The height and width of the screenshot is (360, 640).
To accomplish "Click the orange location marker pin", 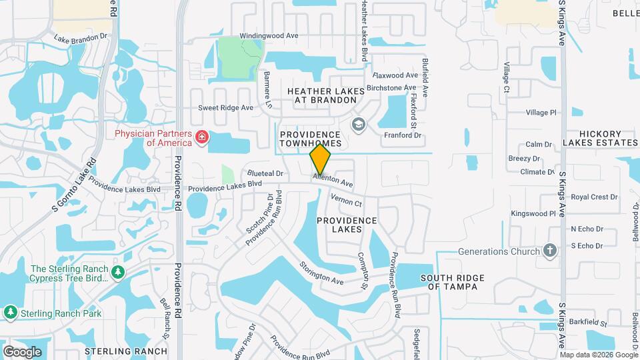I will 321,159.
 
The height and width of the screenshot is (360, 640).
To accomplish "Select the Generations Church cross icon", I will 549,251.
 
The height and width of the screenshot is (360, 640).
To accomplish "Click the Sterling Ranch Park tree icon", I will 11,313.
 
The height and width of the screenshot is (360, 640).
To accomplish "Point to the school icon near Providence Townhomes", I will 359,125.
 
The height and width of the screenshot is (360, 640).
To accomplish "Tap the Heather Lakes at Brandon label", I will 325,95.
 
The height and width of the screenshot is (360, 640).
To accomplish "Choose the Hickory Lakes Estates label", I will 599,138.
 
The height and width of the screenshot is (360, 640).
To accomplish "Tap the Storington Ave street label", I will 321,273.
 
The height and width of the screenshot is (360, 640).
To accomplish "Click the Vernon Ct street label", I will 346,199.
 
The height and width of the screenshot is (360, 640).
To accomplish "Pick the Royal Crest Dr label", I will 594,197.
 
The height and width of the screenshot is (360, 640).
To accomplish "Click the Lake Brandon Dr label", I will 81,39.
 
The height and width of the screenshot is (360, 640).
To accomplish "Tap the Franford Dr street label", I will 403,135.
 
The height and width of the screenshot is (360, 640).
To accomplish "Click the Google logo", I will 22,351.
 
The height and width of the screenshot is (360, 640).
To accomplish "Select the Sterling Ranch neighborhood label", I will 126,351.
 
